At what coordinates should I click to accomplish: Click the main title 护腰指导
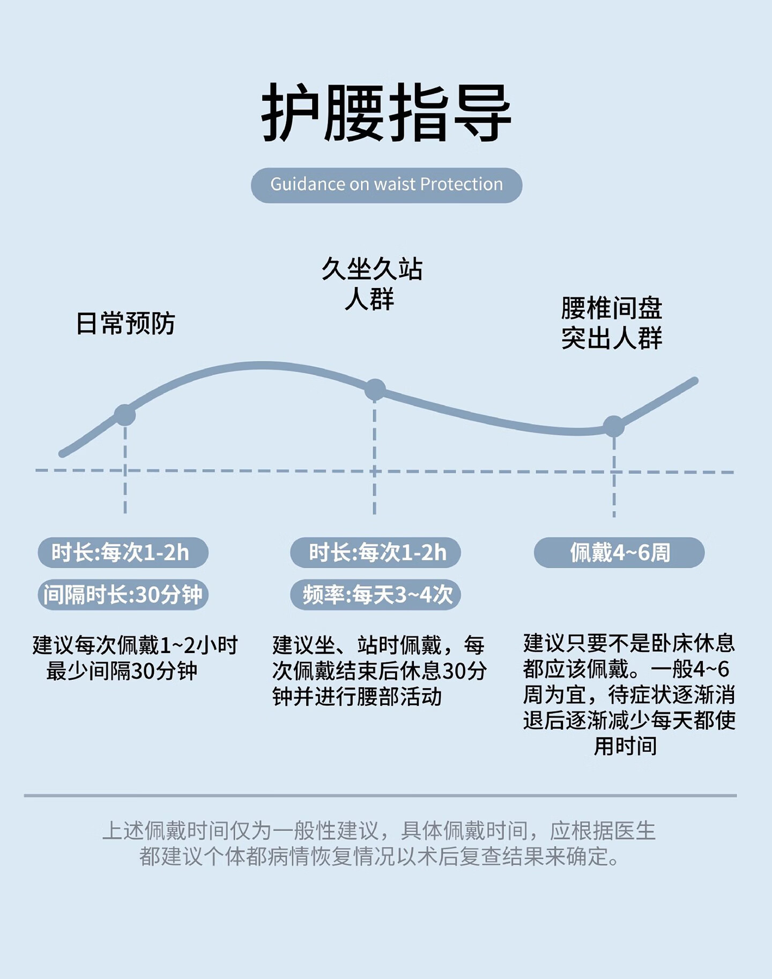pos(386,113)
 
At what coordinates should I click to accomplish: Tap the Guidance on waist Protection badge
pos(386,185)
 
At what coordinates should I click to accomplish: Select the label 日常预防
pos(125,324)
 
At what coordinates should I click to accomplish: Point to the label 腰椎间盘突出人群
pos(612,323)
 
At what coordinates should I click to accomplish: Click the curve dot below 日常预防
pos(125,415)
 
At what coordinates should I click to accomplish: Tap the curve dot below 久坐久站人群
pos(375,390)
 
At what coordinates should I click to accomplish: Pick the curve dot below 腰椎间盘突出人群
pos(614,426)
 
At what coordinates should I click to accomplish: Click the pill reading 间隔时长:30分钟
pos(123,595)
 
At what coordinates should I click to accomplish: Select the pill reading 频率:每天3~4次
pos(375,595)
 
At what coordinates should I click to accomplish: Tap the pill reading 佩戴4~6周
pos(619,552)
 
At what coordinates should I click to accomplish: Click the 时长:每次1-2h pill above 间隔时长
pos(123,552)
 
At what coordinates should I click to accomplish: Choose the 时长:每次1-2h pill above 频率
pos(375,552)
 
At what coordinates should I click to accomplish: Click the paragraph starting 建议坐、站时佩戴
pos(378,671)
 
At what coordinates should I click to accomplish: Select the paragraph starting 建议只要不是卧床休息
pos(628,694)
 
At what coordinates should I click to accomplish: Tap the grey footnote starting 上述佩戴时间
pos(378,843)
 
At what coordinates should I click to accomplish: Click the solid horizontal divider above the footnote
pos(380,796)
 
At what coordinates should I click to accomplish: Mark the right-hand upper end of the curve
pos(695,381)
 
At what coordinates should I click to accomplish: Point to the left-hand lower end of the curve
pos(62,454)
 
